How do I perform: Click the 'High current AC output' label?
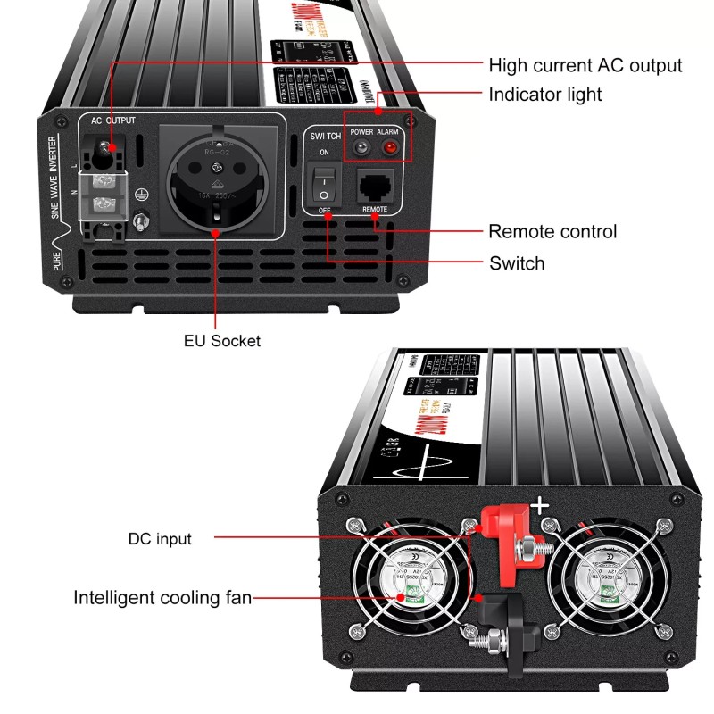(585, 65)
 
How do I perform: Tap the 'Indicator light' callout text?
(544, 94)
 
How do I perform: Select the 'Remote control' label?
(552, 232)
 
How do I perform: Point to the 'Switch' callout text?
(516, 263)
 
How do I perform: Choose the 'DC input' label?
(160, 538)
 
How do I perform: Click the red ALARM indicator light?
(388, 147)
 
